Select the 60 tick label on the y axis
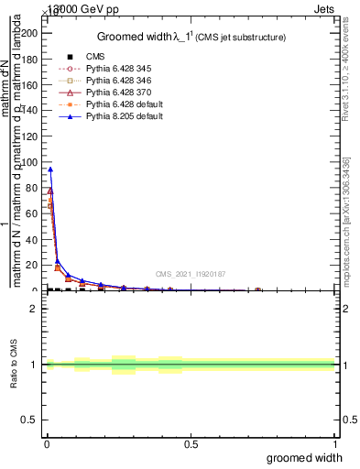pyautogui.click(x=34, y=213)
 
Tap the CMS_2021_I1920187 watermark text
pyautogui.click(x=190, y=274)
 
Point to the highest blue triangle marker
pyautogui.click(x=49, y=169)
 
